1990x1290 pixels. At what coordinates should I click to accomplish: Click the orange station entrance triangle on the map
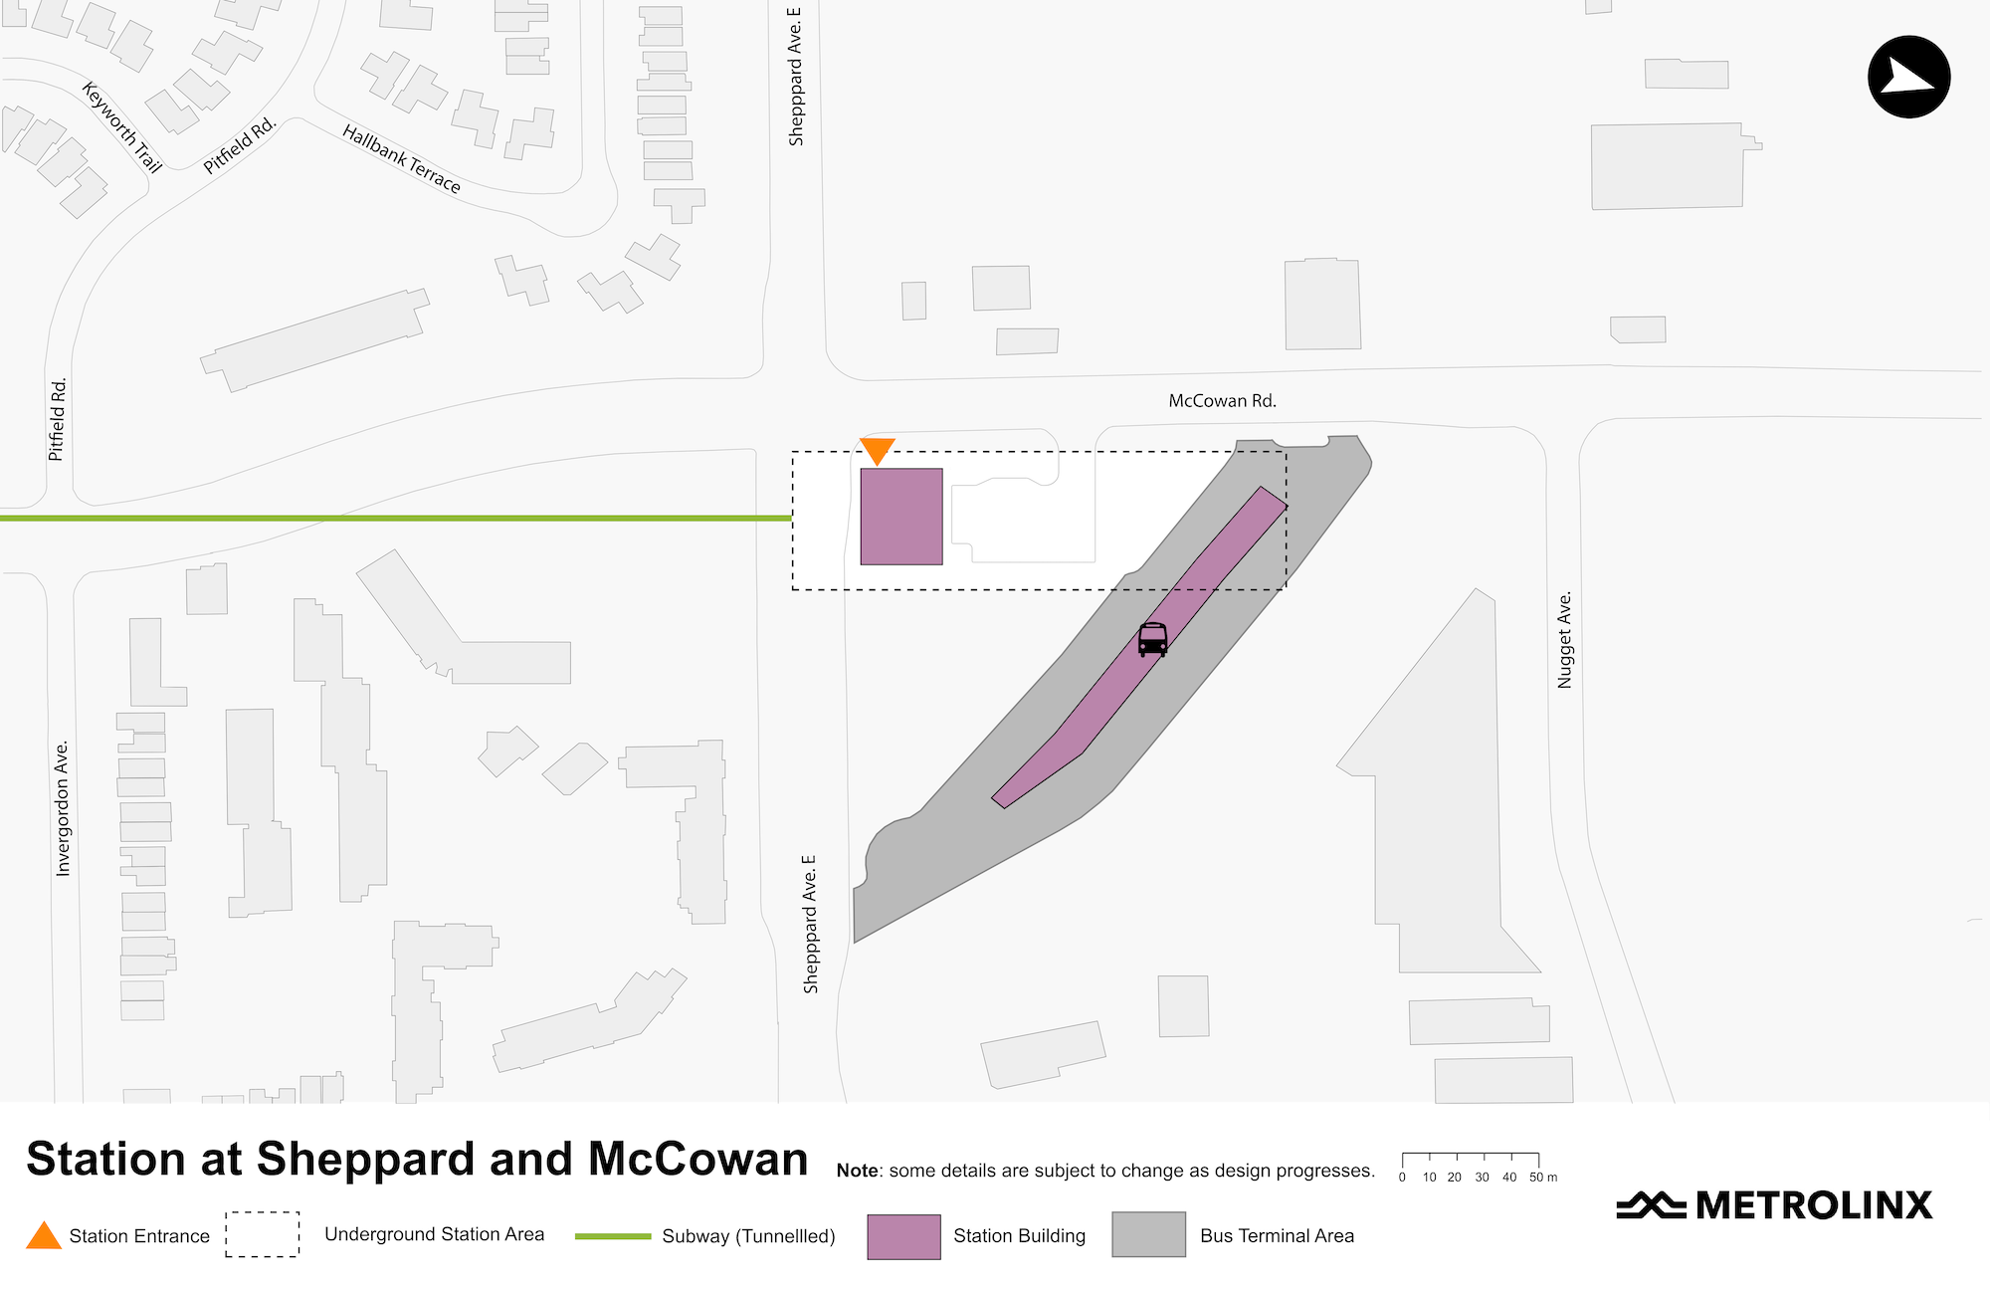(877, 450)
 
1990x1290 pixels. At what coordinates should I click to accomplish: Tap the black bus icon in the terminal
(1152, 639)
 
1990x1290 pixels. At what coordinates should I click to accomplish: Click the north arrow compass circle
(1908, 77)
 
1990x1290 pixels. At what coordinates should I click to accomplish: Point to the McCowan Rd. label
(1222, 401)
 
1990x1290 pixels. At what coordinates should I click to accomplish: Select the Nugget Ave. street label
(1565, 640)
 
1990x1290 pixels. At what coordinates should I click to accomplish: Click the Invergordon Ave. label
(63, 808)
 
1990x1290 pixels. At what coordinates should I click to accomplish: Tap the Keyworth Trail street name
(121, 127)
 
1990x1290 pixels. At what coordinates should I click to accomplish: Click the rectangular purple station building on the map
(901, 517)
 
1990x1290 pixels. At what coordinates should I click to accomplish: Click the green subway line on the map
(398, 518)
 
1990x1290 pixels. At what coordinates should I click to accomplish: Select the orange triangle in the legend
(44, 1236)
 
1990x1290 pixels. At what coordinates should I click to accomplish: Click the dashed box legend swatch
(263, 1234)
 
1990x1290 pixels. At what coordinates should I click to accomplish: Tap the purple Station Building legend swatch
(903, 1236)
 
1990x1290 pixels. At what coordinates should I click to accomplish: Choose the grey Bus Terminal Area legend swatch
(1148, 1234)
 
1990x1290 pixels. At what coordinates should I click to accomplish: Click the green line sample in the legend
(613, 1236)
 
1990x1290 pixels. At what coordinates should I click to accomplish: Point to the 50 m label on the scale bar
(1543, 1178)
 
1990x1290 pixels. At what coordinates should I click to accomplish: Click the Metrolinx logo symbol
(1650, 1204)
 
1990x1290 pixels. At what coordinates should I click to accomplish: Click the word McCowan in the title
(697, 1160)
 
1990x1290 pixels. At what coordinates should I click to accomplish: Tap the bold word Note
(858, 1171)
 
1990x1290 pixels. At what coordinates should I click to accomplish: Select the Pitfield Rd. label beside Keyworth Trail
(239, 146)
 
